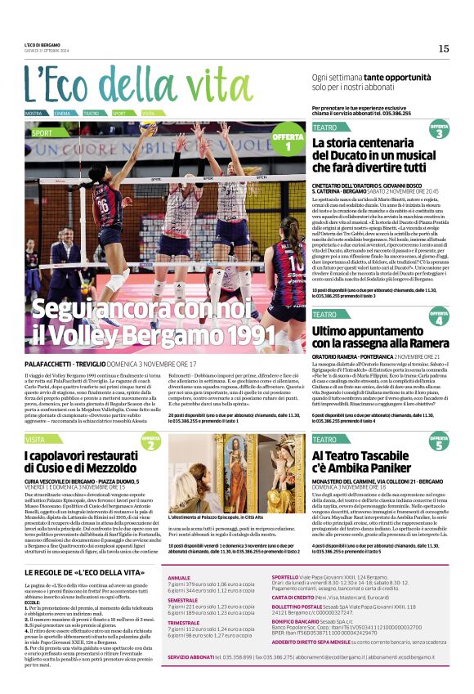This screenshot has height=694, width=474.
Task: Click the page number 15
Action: (444, 48)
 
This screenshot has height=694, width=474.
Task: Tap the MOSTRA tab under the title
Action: (34, 113)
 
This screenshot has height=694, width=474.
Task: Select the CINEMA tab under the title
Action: (62, 113)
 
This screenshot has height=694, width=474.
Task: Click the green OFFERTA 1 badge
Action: (288, 141)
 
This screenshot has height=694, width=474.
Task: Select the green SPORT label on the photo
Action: (42, 132)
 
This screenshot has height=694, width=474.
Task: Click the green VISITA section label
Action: (38, 440)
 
